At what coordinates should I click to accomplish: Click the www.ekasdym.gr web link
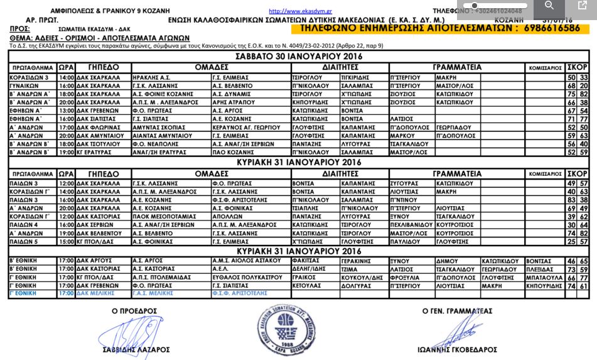point(292,11)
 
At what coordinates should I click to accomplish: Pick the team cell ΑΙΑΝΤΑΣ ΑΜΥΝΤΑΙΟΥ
point(158,135)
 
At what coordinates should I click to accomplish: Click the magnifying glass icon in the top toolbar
point(549,6)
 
